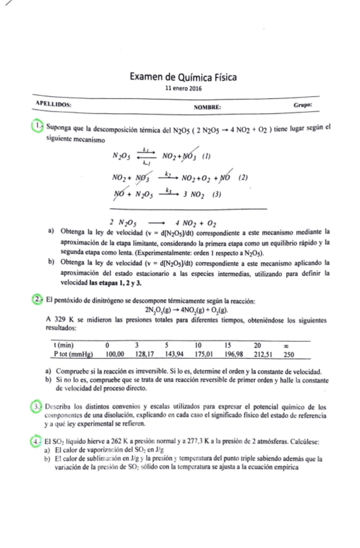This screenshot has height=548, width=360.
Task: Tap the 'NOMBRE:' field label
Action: (x=207, y=107)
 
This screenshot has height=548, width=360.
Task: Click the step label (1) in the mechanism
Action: (x=207, y=156)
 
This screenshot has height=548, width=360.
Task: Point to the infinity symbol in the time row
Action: (x=288, y=345)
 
